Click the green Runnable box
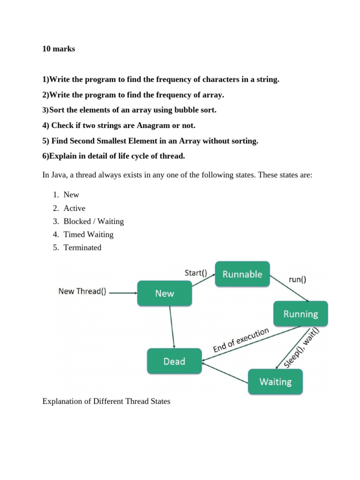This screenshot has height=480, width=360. [242, 274]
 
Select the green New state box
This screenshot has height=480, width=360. [165, 293]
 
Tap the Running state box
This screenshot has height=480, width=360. [300, 314]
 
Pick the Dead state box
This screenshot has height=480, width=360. [174, 361]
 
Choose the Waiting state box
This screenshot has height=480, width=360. [275, 382]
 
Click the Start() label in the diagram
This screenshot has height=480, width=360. [196, 272]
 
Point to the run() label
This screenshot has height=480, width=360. [297, 280]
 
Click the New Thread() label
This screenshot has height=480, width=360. [82, 292]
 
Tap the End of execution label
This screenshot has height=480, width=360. [241, 340]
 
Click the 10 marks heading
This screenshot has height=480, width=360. [59, 49]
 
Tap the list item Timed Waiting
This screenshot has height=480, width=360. [89, 234]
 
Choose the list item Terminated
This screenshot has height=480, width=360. [82, 247]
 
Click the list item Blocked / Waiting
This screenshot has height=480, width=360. [94, 221]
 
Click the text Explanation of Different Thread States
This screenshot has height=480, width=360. [106, 402]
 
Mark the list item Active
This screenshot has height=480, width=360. [75, 208]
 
